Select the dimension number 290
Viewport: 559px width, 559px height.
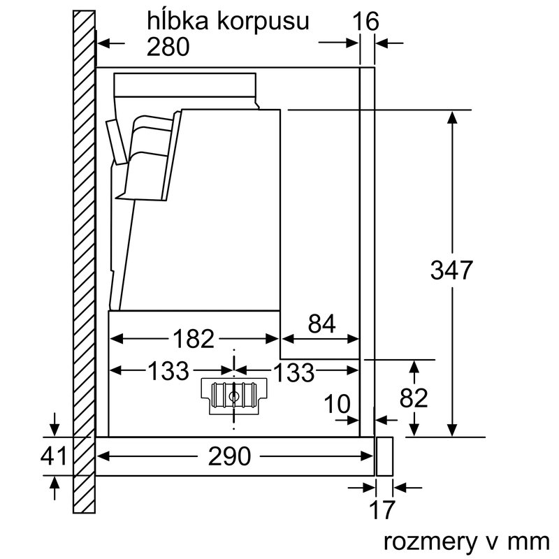pos(229,456)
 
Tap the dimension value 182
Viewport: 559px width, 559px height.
pos(193,339)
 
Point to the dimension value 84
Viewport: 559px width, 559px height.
pos(321,324)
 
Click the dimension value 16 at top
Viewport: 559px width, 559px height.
pos(365,22)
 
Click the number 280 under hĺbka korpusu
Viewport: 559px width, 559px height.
pos(168,46)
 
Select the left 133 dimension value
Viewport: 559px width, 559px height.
pos(168,372)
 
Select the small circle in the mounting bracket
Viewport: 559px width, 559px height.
pos(233,396)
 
